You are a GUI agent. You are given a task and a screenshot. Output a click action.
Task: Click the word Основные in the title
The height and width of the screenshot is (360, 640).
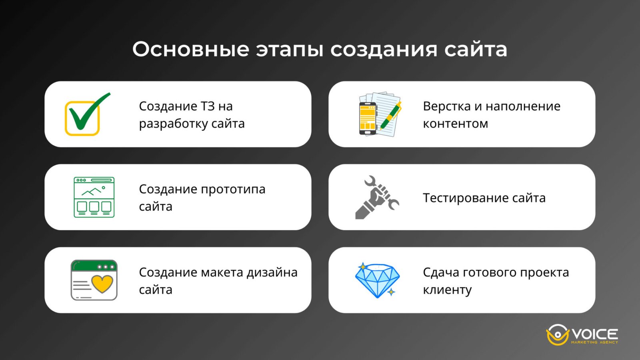point(191,50)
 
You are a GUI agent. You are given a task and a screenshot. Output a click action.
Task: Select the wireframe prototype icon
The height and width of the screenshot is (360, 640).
point(94,197)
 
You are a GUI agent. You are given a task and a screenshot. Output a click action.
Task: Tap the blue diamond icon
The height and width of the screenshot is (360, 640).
point(377,280)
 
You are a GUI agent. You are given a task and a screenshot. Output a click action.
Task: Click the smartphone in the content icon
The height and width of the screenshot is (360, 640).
point(368,118)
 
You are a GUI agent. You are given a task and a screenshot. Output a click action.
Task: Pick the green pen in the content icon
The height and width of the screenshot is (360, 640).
point(390,116)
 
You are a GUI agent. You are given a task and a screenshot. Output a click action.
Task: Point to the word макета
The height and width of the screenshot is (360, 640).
point(222,272)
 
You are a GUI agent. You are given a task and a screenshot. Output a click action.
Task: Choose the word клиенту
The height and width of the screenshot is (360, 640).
point(447,290)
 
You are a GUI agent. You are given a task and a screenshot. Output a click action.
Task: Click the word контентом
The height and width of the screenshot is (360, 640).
point(455,124)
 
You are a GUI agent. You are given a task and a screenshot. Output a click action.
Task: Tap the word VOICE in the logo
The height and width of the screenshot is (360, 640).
point(595,334)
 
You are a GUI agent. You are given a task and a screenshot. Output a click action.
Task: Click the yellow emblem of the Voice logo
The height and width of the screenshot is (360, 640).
point(557,335)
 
